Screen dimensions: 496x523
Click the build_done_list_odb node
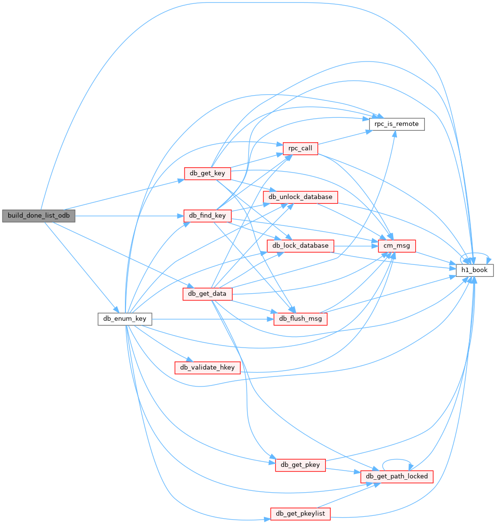click(39, 216)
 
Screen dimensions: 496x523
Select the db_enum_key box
click(125, 319)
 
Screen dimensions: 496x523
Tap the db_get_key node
click(207, 174)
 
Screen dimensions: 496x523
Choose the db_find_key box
click(207, 216)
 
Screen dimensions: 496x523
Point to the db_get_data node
click(207, 294)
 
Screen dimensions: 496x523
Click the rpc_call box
click(300, 149)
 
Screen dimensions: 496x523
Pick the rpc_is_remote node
click(397, 124)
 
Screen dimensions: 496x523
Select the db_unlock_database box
click(300, 197)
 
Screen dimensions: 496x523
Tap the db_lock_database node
click(300, 246)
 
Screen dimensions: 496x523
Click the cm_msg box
click(397, 246)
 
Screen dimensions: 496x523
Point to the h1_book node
click(474, 270)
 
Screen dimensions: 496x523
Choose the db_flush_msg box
click(300, 319)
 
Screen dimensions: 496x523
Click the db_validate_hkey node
click(207, 368)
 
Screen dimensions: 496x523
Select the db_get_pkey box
click(300, 465)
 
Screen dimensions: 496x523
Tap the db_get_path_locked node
click(397, 477)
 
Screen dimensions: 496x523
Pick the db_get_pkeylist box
click(300, 514)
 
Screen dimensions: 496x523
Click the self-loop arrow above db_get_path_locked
click(397, 460)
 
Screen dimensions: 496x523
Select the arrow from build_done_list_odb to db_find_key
click(129, 216)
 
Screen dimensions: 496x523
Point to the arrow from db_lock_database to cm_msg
click(356, 246)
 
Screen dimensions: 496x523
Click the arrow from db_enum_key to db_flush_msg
click(213, 319)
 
